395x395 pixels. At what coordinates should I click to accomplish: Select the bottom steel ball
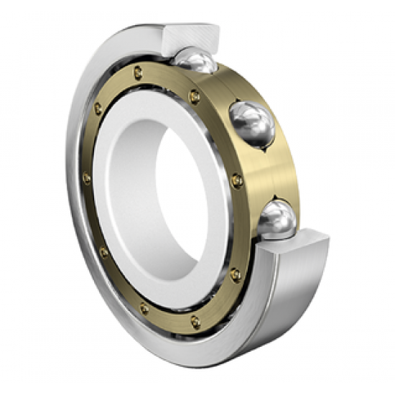click(277, 218)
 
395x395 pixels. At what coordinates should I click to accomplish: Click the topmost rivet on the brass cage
click(138, 71)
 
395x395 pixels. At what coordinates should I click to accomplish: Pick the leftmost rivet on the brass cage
click(87, 177)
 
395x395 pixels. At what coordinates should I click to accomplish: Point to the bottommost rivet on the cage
click(195, 321)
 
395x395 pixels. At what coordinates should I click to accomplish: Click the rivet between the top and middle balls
click(194, 96)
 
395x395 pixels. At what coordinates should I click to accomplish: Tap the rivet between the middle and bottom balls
click(237, 180)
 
